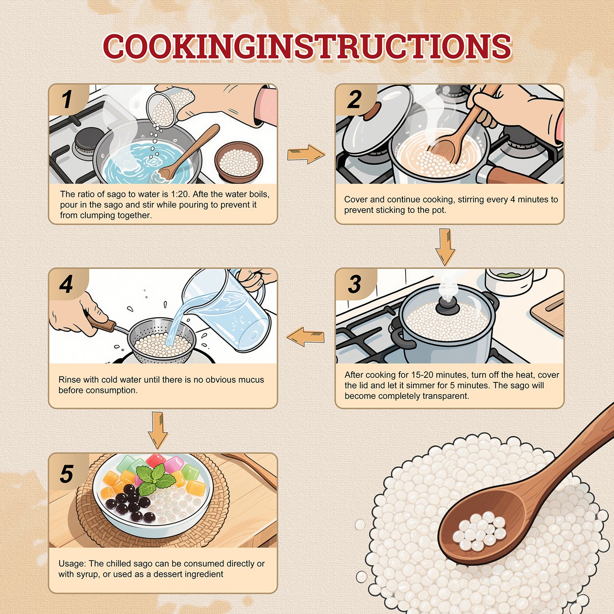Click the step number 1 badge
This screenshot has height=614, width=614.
67,99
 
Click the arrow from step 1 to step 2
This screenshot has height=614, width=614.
306,154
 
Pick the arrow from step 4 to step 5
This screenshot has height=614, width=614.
158,430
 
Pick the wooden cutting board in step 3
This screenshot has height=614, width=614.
547,313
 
